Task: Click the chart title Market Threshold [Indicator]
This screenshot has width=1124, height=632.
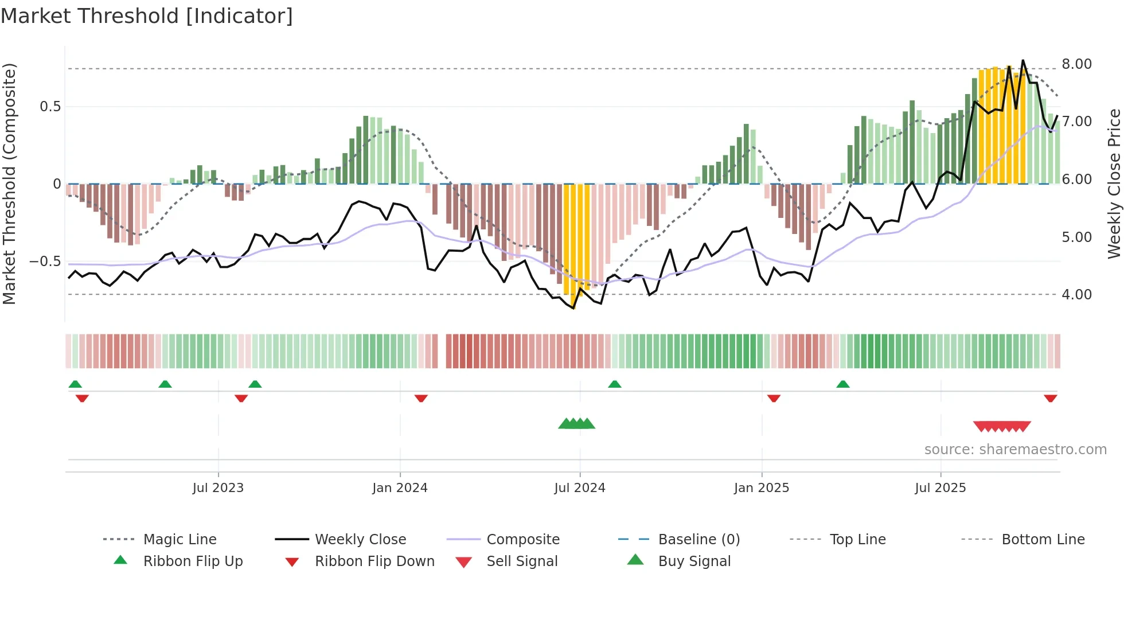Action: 147,16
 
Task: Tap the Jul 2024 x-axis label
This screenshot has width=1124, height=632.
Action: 579,488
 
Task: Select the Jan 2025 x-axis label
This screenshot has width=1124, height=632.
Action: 761,488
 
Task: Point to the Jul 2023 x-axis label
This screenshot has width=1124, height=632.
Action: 218,488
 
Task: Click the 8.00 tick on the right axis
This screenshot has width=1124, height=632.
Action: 1076,64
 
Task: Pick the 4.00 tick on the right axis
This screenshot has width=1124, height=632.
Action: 1076,295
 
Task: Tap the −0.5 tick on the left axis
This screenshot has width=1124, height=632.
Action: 45,262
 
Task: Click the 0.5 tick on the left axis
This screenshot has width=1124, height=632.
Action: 50,107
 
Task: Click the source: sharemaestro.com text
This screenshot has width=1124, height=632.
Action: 1015,450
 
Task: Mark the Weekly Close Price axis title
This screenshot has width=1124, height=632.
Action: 1114,184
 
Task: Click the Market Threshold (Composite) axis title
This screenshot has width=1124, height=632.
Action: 9,184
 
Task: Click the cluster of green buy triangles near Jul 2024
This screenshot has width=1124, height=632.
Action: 577,424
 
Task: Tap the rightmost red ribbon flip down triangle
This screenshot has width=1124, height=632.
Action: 1050,399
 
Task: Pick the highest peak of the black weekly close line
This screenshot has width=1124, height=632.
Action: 1022,61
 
